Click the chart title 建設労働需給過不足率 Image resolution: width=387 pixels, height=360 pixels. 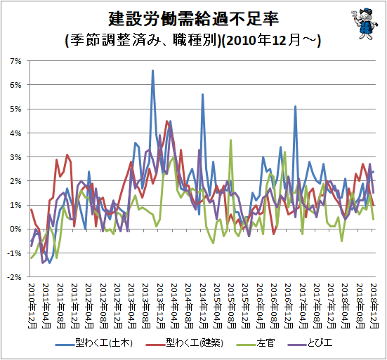point(194,19)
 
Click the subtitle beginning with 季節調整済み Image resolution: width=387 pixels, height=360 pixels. point(193,40)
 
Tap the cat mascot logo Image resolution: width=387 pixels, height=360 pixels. point(364,24)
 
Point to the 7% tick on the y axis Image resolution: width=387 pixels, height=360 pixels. point(15,61)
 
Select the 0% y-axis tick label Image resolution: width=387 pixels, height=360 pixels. point(15,229)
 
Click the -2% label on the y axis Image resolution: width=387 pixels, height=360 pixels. point(14,277)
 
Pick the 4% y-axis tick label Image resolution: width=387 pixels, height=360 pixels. point(15,133)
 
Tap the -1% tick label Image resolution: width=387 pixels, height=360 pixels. point(14,253)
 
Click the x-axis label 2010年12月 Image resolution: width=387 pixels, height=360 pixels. point(32,306)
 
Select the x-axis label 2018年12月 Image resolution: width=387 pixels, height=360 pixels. point(374,306)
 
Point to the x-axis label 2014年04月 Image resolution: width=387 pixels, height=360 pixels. point(175,306)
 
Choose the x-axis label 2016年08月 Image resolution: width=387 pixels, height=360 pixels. point(275,306)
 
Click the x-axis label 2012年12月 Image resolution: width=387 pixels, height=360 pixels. point(118,306)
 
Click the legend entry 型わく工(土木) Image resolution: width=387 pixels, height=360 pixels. point(94,343)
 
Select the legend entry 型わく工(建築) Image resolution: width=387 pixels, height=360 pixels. point(184,343)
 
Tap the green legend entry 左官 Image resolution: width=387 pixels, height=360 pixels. point(256,343)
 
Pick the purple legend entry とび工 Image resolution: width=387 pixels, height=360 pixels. point(310,343)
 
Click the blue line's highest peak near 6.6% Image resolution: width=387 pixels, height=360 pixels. point(153,70)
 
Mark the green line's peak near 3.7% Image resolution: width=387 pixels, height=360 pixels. point(231,140)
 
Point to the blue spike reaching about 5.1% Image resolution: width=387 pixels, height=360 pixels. point(295,107)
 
